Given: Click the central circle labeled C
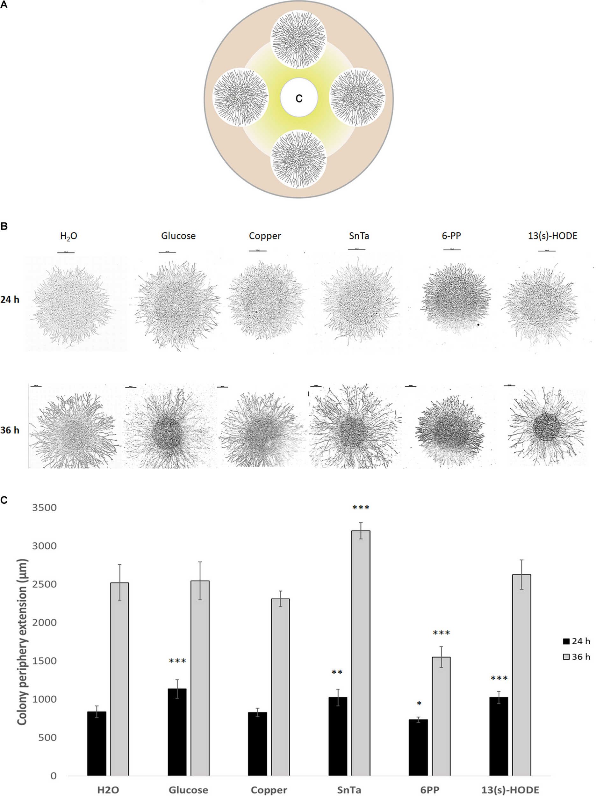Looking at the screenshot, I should click(299, 98).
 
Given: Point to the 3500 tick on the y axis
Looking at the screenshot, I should click(44, 508).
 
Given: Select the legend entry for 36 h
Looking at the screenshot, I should click(576, 657).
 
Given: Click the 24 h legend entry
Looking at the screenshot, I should click(576, 641).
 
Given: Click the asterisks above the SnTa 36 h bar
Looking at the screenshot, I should click(361, 508).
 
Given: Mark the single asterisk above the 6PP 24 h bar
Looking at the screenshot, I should click(419, 704).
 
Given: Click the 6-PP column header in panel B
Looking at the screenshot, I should click(451, 236).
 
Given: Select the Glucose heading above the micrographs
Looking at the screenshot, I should click(178, 236).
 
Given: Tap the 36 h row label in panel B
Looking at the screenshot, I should click(10, 430).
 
